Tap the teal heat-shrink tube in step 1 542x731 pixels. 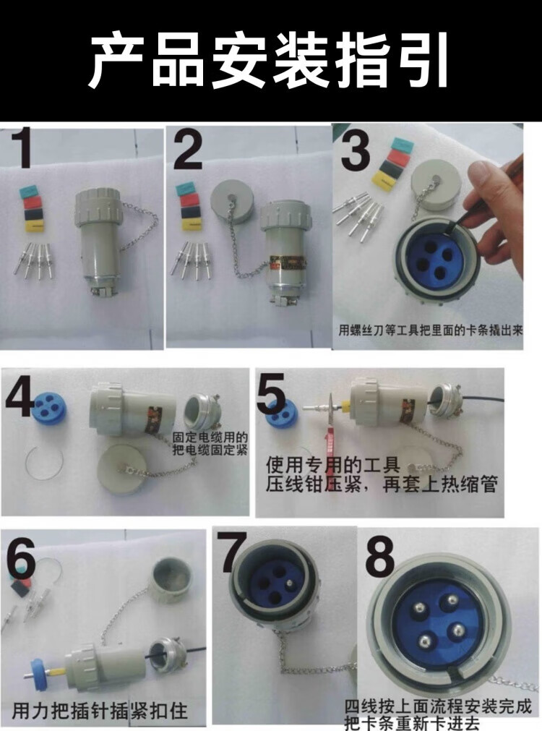point(30,191)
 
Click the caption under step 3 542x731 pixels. point(430,330)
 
